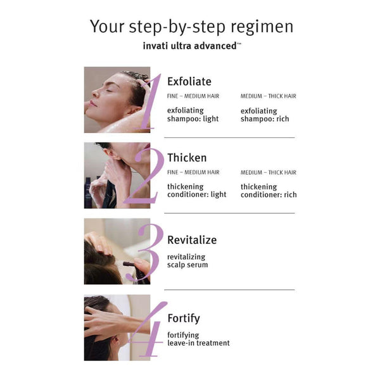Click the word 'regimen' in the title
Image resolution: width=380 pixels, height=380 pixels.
[262, 27]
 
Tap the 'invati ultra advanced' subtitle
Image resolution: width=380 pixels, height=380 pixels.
[192, 46]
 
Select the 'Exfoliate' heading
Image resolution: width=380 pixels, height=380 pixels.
[189, 82]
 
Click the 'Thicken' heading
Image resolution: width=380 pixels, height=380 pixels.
[187, 158]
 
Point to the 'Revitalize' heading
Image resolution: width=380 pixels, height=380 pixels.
[192, 240]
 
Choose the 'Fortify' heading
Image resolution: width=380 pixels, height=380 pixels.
[184, 319]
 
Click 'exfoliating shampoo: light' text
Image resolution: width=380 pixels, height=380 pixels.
[193, 115]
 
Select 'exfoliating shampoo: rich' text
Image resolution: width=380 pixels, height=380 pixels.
[265, 115]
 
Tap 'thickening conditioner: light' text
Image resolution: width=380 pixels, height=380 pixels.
[197, 191]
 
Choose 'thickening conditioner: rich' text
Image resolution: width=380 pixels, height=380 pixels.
[269, 191]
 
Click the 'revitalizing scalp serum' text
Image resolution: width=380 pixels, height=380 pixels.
[187, 261]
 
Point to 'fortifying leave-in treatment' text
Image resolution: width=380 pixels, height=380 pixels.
[198, 339]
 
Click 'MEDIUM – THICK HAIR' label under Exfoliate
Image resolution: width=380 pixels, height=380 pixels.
[269, 96]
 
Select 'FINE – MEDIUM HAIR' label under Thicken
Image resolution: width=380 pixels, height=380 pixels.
[193, 172]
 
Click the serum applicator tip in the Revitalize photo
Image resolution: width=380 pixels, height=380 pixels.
[125, 263]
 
